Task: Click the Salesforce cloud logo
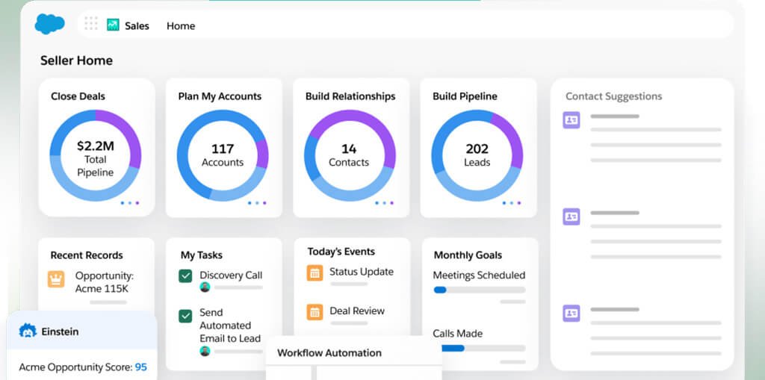(50, 25)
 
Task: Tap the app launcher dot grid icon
(91, 24)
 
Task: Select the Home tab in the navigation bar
(181, 25)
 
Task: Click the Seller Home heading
(76, 60)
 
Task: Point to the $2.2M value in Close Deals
(95, 146)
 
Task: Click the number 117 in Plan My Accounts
(223, 149)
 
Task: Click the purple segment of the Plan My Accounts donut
(262, 154)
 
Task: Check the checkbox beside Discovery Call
(185, 276)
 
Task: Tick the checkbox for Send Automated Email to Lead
(185, 316)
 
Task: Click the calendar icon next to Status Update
(315, 272)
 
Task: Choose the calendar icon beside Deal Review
(315, 311)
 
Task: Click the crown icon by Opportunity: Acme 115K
(56, 279)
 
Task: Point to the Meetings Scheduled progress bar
(479, 290)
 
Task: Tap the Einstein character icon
(28, 331)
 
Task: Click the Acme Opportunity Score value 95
(140, 367)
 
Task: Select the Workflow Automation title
(329, 353)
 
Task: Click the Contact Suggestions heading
(613, 96)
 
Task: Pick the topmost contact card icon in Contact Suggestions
(572, 119)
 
